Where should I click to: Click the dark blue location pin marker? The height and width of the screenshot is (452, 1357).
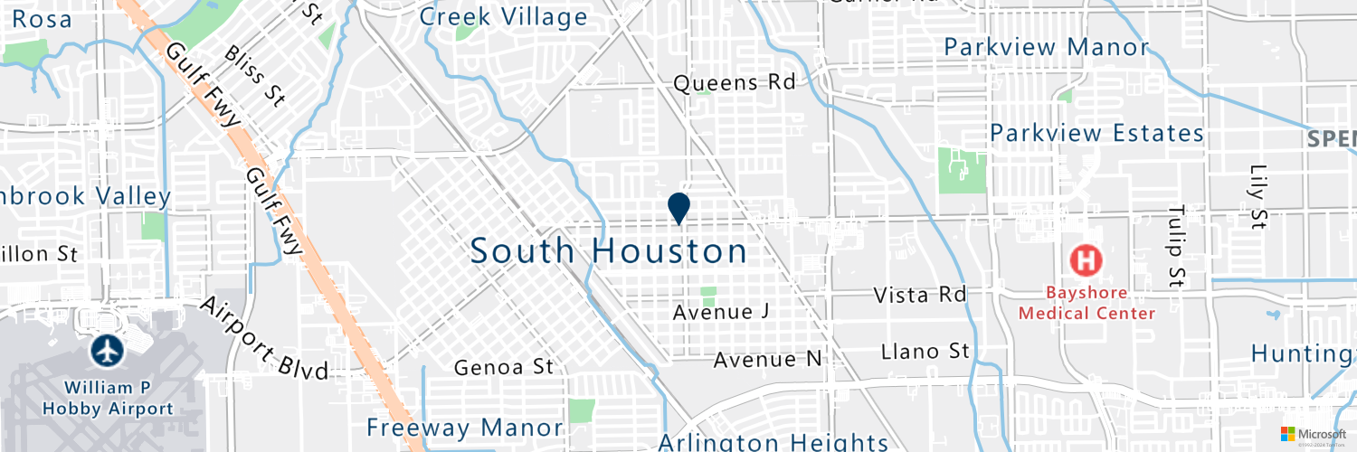pyautogui.click(x=679, y=207)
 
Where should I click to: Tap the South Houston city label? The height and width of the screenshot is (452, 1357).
pyautogui.click(x=609, y=251)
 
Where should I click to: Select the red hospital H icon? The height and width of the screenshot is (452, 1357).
pyautogui.click(x=1087, y=260)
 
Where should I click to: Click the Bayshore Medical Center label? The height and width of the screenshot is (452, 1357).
pyautogui.click(x=1087, y=303)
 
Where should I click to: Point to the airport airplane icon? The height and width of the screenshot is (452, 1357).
pyautogui.click(x=109, y=351)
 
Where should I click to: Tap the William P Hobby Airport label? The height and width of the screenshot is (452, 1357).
pyautogui.click(x=108, y=398)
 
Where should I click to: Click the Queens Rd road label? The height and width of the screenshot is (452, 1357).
pyautogui.click(x=734, y=83)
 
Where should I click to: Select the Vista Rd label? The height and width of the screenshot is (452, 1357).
pyautogui.click(x=920, y=295)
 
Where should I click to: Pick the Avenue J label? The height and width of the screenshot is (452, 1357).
pyautogui.click(x=721, y=312)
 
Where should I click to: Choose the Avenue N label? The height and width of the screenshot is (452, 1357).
pyautogui.click(x=767, y=360)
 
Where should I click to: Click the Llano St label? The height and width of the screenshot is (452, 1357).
pyautogui.click(x=925, y=351)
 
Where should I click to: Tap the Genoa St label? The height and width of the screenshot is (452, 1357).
pyautogui.click(x=503, y=367)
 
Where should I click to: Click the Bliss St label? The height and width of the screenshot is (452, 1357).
pyautogui.click(x=254, y=77)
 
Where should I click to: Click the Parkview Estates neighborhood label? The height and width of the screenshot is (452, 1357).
pyautogui.click(x=1096, y=134)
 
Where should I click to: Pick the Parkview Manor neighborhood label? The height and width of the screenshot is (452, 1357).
pyautogui.click(x=1046, y=47)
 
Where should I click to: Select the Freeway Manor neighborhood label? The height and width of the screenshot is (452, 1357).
pyautogui.click(x=465, y=427)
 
